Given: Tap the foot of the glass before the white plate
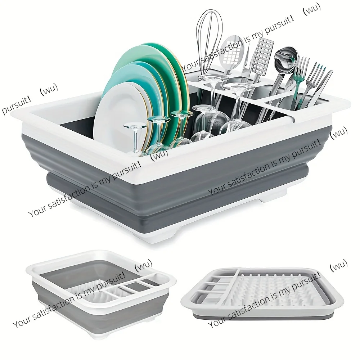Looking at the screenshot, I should pyautogui.click(x=135, y=126).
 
